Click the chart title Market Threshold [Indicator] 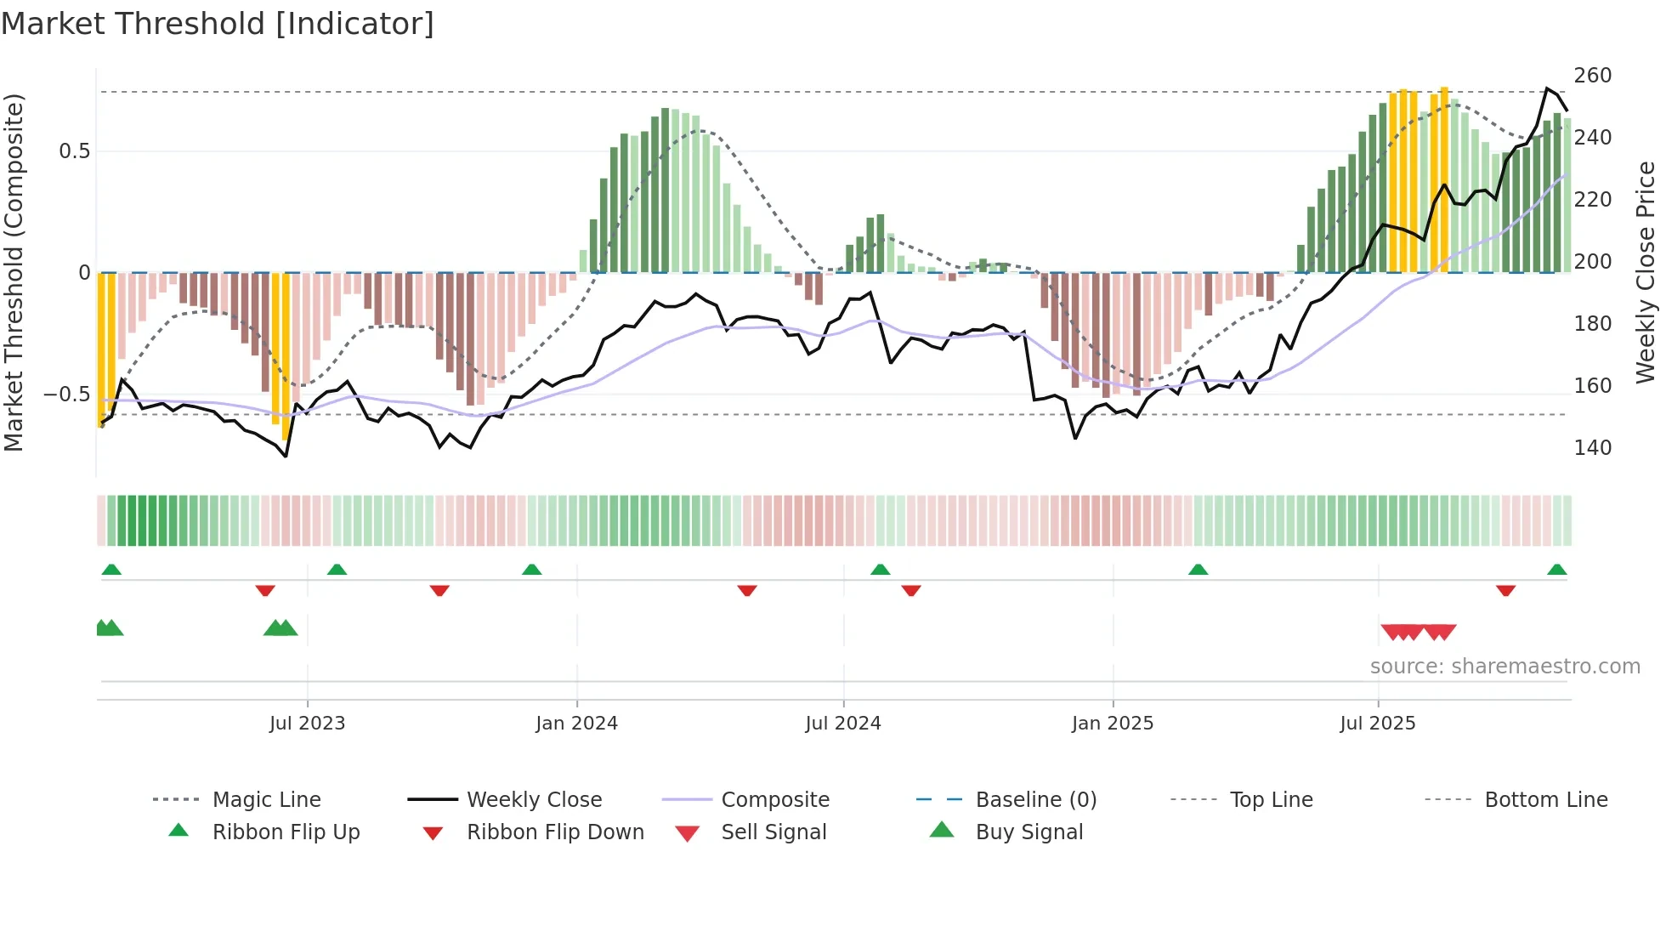[218, 24]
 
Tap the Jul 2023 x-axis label [307, 724]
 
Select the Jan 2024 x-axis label [576, 724]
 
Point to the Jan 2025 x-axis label [1112, 724]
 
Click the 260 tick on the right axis [1592, 76]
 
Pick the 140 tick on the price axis [1592, 448]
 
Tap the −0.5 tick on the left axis [66, 395]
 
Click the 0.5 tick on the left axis [74, 151]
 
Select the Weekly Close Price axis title [1646, 272]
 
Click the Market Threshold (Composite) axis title [14, 272]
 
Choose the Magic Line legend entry [266, 800]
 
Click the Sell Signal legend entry [773, 832]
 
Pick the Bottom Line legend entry [1545, 800]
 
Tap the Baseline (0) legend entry [1035, 800]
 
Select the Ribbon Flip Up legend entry [286, 832]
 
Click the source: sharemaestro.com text [1504, 667]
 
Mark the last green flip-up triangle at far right [1556, 570]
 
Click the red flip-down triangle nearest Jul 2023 [265, 590]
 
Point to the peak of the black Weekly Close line [1547, 88]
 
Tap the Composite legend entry [774, 800]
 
